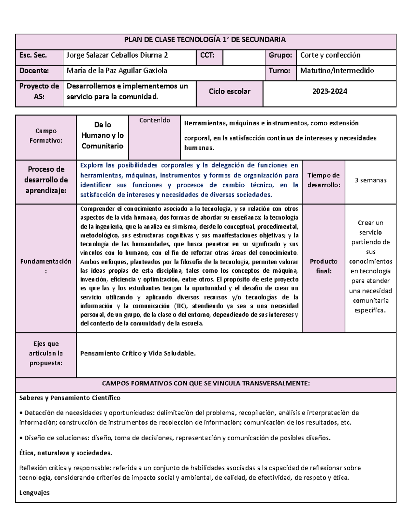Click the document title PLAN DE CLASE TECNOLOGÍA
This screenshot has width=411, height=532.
click(205, 40)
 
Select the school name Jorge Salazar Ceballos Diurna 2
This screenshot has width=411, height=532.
click(117, 55)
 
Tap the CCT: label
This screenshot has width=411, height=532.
click(207, 55)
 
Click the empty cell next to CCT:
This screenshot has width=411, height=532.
click(244, 57)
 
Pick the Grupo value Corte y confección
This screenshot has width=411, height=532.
click(330, 55)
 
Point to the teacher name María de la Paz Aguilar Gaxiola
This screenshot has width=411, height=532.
click(117, 71)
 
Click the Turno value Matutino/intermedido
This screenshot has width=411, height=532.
click(337, 71)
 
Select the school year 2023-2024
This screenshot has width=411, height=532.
click(329, 91)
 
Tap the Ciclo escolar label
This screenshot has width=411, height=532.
click(229, 91)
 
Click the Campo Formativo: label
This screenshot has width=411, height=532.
click(46, 136)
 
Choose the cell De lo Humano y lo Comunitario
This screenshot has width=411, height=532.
click(102, 135)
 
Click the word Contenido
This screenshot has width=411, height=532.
click(154, 120)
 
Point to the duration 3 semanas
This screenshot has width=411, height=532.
click(371, 180)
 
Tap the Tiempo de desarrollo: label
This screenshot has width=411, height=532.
click(324, 180)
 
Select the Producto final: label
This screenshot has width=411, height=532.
click(324, 266)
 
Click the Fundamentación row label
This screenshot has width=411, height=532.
click(46, 266)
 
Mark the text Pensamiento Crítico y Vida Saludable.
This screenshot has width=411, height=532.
click(138, 354)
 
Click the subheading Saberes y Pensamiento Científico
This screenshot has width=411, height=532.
click(70, 398)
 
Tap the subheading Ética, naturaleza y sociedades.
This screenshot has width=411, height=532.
click(65, 453)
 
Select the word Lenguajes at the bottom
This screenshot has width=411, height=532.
click(35, 493)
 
